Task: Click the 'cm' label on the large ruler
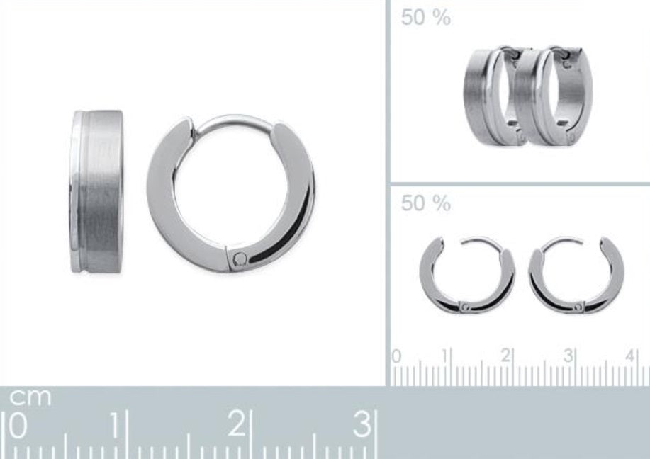tap(30, 397)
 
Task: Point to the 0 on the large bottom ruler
tap(18, 426)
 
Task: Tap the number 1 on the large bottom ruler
tap(117, 424)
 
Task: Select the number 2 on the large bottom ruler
tap(236, 424)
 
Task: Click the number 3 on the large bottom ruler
tap(363, 424)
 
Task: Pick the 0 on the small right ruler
tap(396, 356)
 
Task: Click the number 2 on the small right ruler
tap(505, 356)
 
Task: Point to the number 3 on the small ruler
tap(568, 356)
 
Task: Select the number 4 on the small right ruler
tap(631, 356)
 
